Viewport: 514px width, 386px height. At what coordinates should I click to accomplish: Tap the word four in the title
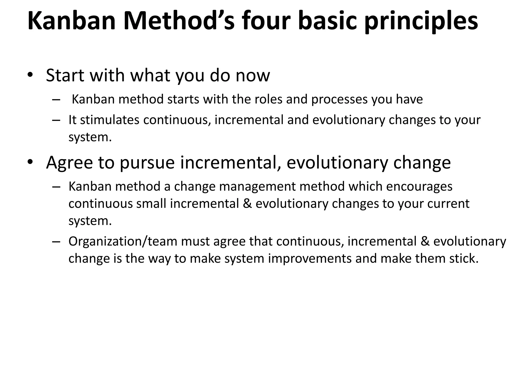tap(267, 21)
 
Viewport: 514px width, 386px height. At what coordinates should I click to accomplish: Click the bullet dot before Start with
tap(30, 75)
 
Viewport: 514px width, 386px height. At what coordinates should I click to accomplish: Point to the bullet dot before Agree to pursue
tap(30, 162)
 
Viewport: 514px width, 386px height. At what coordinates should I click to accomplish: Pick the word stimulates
tap(110, 120)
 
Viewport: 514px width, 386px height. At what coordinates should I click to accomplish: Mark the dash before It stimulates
tap(56, 120)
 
